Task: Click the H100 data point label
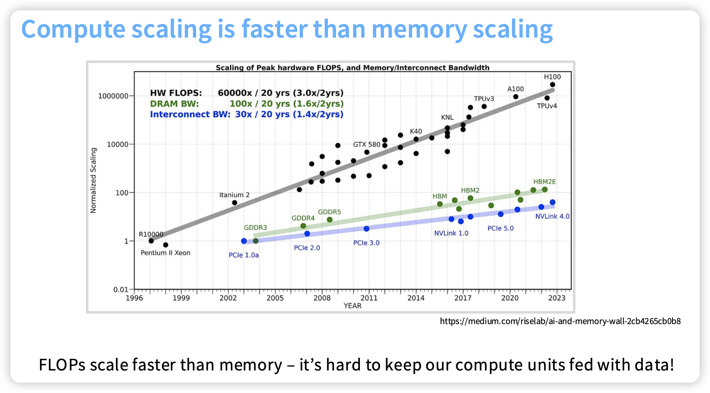pyautogui.click(x=552, y=77)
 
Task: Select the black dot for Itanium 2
pyautogui.click(x=234, y=203)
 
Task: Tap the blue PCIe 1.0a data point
pyautogui.click(x=244, y=241)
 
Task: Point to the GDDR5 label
pyautogui.click(x=329, y=212)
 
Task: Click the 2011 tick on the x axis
pyautogui.click(x=369, y=298)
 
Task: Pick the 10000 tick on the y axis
pyautogui.click(x=117, y=144)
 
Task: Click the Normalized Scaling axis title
pyautogui.click(x=93, y=180)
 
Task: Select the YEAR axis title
pyautogui.click(x=352, y=306)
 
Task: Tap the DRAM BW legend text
pyautogui.click(x=174, y=104)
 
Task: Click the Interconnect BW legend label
pyautogui.click(x=190, y=114)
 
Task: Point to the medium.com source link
pyautogui.click(x=560, y=321)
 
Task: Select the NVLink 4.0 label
pyautogui.click(x=552, y=216)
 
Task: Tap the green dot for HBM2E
pyautogui.click(x=545, y=189)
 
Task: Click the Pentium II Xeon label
pyautogui.click(x=165, y=253)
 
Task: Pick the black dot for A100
pyautogui.click(x=516, y=97)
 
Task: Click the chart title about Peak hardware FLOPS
pyautogui.click(x=352, y=68)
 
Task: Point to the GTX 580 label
pyautogui.click(x=366, y=144)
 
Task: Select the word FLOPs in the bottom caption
pyautogui.click(x=62, y=365)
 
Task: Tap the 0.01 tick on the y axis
pyautogui.click(x=121, y=289)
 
